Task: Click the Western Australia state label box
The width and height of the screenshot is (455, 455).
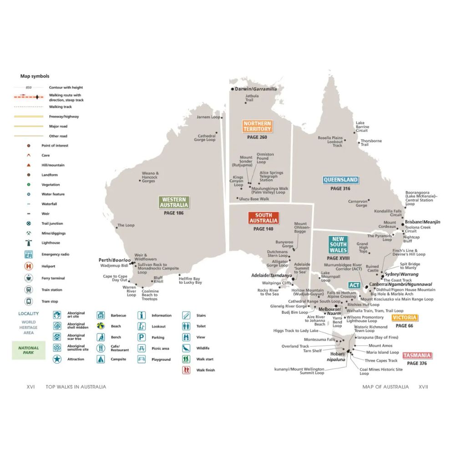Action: pos(174,202)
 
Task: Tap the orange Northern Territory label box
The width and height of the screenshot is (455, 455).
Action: pos(257,126)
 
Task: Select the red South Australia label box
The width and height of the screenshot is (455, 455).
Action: pos(263,218)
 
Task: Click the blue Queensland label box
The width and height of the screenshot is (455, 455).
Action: pos(341,180)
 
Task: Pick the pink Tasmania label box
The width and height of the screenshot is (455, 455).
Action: pos(417,356)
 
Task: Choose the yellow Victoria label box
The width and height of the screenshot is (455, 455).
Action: pos(404,318)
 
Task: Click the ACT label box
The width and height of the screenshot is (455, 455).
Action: pos(354,285)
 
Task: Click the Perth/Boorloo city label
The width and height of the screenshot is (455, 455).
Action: pos(115,260)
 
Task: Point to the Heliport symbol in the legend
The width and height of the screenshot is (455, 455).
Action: pos(28,266)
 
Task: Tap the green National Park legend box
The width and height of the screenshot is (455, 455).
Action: pos(29,350)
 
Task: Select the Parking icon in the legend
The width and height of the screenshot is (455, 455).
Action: pos(142,337)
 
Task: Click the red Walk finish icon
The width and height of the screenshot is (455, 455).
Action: pos(187,370)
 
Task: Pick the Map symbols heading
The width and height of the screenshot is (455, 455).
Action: pos(35,76)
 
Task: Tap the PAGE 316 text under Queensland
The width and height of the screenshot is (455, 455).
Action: pos(340,188)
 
